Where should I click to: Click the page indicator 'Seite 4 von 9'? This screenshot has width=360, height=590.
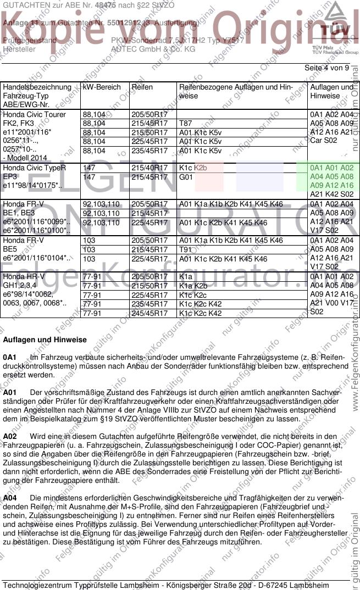[326, 68]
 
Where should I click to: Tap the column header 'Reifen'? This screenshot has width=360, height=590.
[142, 87]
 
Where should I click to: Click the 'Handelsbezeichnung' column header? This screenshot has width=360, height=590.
[37, 87]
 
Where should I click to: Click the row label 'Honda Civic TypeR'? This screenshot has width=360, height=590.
[34, 168]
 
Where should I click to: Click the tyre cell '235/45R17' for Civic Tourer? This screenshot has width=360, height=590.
[149, 151]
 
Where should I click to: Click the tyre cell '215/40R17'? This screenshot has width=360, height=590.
[149, 168]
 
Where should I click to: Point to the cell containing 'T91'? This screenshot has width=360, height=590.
[185, 249]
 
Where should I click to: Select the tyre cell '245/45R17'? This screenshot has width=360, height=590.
[149, 313]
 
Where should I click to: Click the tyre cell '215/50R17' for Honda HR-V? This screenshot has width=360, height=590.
[149, 286]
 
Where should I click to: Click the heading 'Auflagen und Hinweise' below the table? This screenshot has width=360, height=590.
[45, 340]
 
